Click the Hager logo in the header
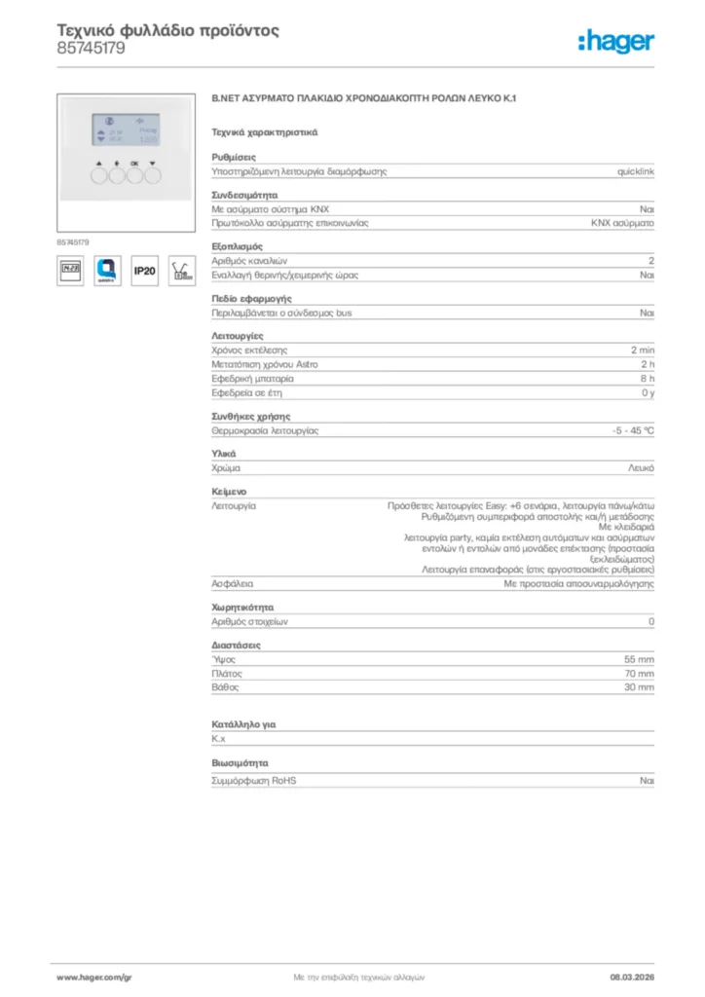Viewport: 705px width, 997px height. click(x=616, y=41)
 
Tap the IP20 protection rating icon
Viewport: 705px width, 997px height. click(x=144, y=271)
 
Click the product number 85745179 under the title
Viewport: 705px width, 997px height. click(x=91, y=48)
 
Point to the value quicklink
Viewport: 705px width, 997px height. click(x=636, y=171)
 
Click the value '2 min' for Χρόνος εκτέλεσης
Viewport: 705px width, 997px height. click(x=643, y=350)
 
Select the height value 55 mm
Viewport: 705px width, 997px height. click(x=639, y=659)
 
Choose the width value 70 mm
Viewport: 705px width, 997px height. click(x=639, y=674)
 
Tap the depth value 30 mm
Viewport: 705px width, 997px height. click(x=639, y=687)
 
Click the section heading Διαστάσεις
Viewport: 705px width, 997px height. click(x=236, y=645)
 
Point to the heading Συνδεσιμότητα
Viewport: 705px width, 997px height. click(x=244, y=195)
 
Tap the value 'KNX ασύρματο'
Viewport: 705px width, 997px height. click(x=622, y=223)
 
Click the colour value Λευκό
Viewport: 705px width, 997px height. click(x=641, y=468)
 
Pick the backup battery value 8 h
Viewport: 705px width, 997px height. click(x=647, y=378)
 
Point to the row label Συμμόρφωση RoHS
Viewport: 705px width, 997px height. click(x=254, y=781)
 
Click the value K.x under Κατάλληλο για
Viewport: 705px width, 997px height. click(x=218, y=739)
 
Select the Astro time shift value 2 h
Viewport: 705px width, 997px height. click(x=647, y=364)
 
